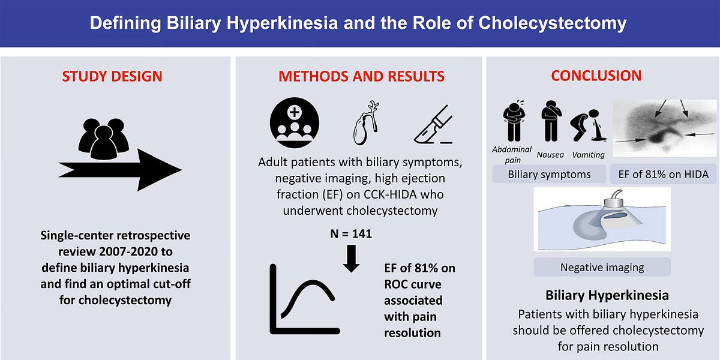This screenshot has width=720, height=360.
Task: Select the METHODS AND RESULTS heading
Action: tap(361, 77)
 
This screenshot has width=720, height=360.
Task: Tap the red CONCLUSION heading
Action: tap(596, 76)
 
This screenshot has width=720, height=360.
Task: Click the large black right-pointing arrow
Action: tap(120, 170)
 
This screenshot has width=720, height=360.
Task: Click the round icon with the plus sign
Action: tap(295, 124)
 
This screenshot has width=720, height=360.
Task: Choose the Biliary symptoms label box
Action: tap(549, 175)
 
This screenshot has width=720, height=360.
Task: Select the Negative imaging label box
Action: tap(601, 267)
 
